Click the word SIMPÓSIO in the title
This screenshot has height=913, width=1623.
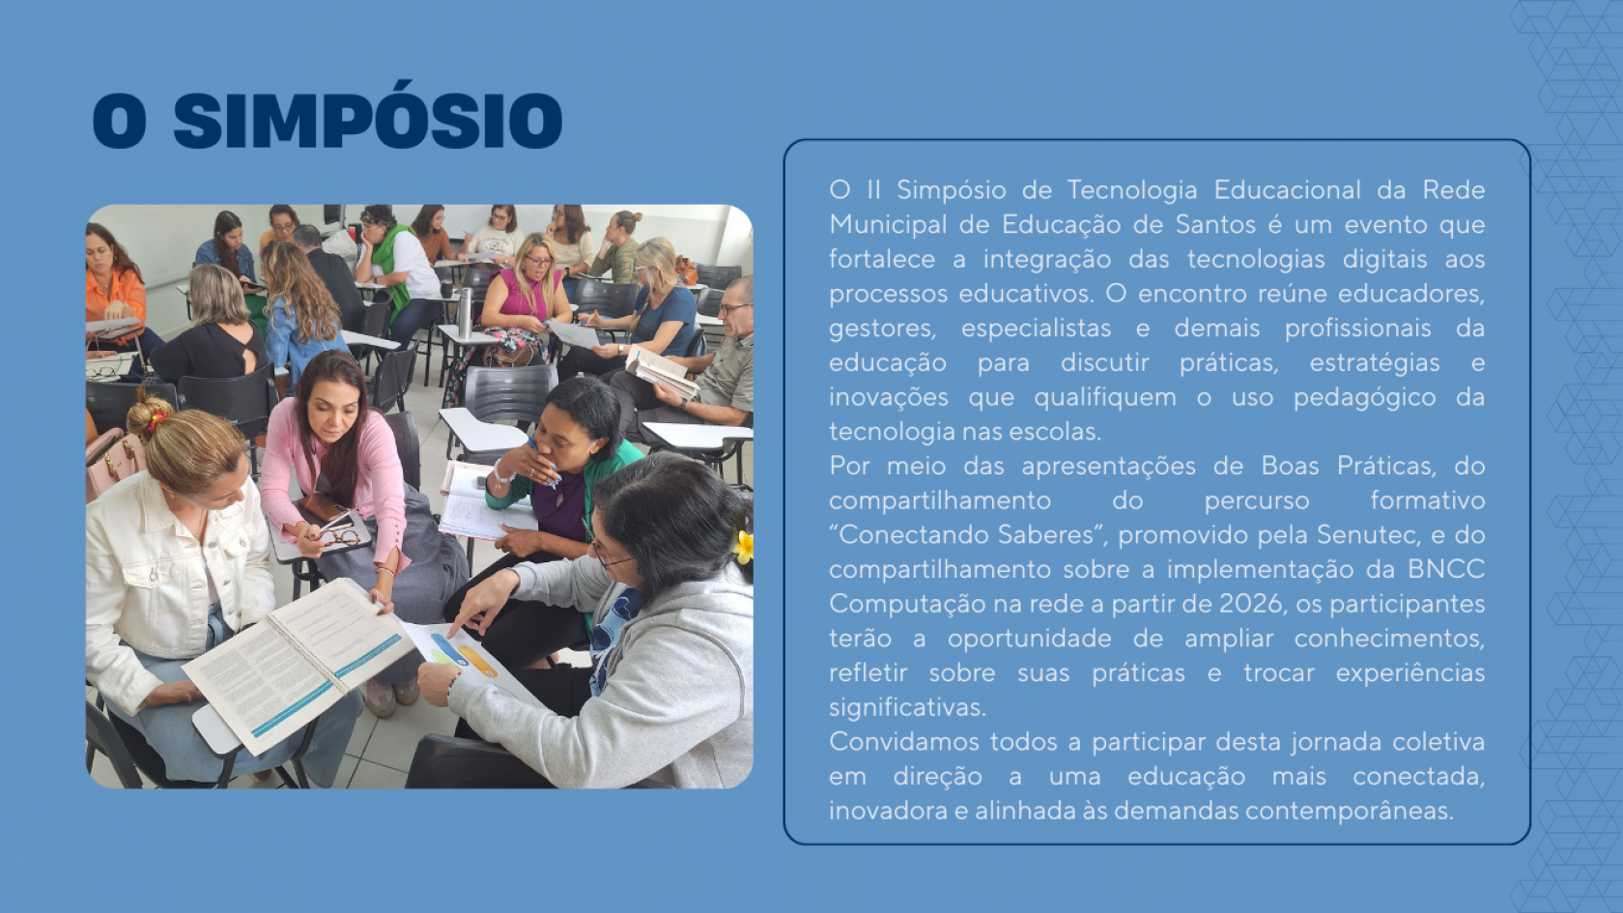coord(368,120)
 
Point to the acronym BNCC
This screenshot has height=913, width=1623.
coord(1446,569)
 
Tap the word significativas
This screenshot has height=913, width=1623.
coord(907,707)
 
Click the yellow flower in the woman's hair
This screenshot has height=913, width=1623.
coord(744,547)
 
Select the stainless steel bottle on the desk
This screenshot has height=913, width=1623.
coord(465,313)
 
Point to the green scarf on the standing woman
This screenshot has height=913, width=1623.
coord(392,270)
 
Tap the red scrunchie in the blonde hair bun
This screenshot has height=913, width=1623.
coord(157,420)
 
